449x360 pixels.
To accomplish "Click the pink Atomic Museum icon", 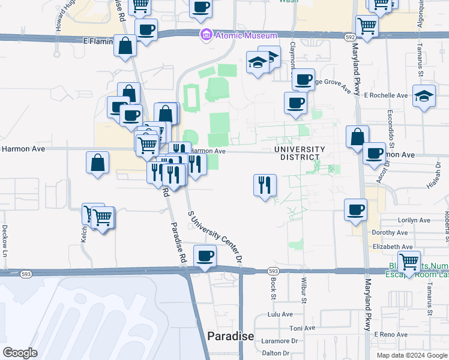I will click(206, 35).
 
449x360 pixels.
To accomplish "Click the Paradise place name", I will click(231, 336).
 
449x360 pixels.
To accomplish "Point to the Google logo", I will click(20, 353).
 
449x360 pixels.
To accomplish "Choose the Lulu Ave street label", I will click(280, 314).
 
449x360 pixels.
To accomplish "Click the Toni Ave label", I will click(303, 328).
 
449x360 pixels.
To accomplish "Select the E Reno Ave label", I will click(390, 334).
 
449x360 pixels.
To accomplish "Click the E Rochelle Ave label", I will click(386, 95).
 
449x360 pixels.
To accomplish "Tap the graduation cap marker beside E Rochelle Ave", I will click(424, 95).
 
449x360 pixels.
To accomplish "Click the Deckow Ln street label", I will click(4, 240).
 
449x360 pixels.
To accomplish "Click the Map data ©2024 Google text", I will click(411, 355).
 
